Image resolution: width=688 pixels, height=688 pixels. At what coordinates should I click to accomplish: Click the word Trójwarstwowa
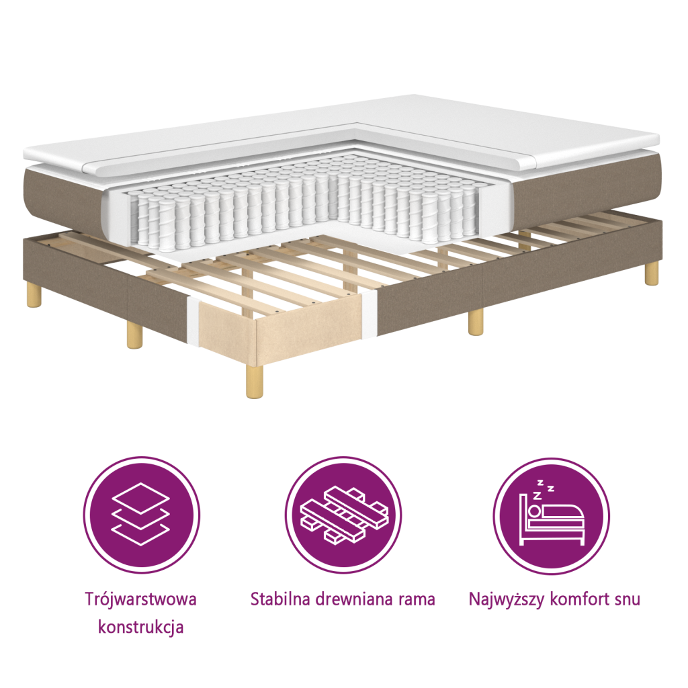(141, 599)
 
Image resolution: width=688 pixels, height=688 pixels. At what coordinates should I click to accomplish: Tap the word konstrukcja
(141, 628)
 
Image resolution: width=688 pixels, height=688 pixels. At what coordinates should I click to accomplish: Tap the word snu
(626, 599)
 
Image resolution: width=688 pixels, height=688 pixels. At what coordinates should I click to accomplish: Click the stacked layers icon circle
(141, 515)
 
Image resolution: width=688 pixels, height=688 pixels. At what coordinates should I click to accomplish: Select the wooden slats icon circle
(343, 515)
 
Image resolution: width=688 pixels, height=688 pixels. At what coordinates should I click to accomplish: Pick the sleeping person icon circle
(552, 515)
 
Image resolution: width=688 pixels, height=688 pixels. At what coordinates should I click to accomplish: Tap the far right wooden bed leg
(651, 272)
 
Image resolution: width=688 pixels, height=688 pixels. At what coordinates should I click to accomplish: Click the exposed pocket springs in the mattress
(302, 202)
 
